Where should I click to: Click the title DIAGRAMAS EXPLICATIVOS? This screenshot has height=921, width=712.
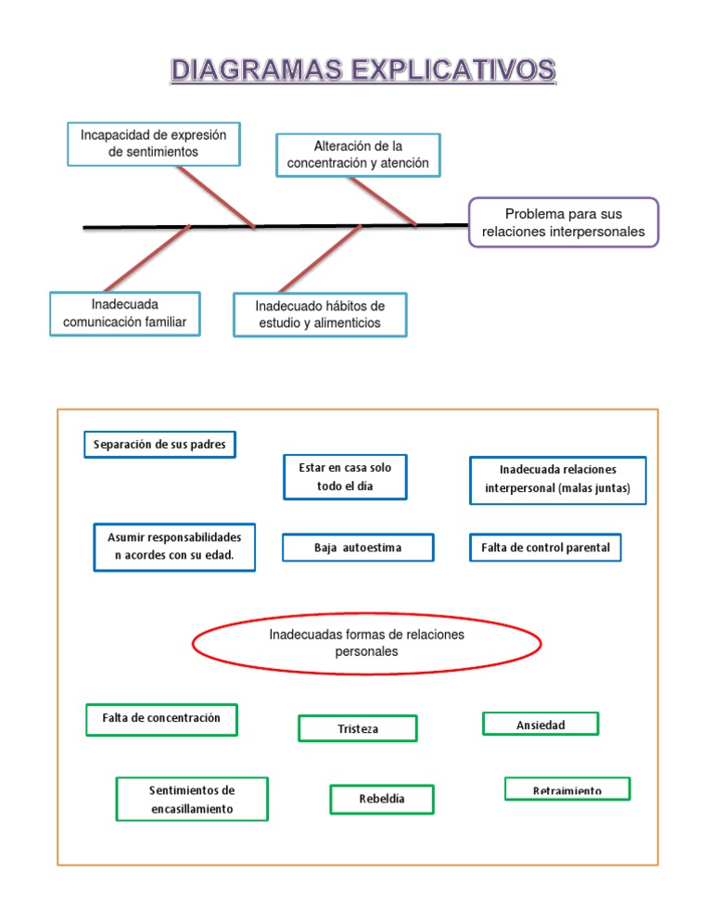tap(362, 70)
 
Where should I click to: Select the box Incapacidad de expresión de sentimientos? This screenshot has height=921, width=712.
tap(154, 144)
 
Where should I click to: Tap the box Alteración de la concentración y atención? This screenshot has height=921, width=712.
tap(358, 155)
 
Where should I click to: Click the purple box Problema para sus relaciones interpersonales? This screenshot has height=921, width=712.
tap(564, 222)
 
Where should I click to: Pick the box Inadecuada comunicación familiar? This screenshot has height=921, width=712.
tap(125, 313)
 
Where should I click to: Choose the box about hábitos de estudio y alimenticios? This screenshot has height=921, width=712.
tap(320, 315)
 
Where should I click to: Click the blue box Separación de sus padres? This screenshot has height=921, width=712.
tap(159, 444)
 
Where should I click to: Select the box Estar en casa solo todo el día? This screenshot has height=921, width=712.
tap(345, 476)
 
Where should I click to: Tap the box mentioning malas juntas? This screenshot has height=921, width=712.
tap(557, 479)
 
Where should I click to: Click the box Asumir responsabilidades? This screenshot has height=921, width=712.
tap(174, 547)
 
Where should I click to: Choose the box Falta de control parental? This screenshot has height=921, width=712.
tap(545, 548)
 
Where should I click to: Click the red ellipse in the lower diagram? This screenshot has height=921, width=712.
tap(366, 643)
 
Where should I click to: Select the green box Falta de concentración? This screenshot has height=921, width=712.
tap(161, 719)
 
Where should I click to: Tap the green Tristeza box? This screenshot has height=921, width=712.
tap(358, 728)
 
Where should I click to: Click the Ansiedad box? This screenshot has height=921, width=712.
tap(540, 724)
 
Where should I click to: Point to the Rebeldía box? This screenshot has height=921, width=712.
tap(382, 799)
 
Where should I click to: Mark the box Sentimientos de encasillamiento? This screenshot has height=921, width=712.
tap(192, 799)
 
